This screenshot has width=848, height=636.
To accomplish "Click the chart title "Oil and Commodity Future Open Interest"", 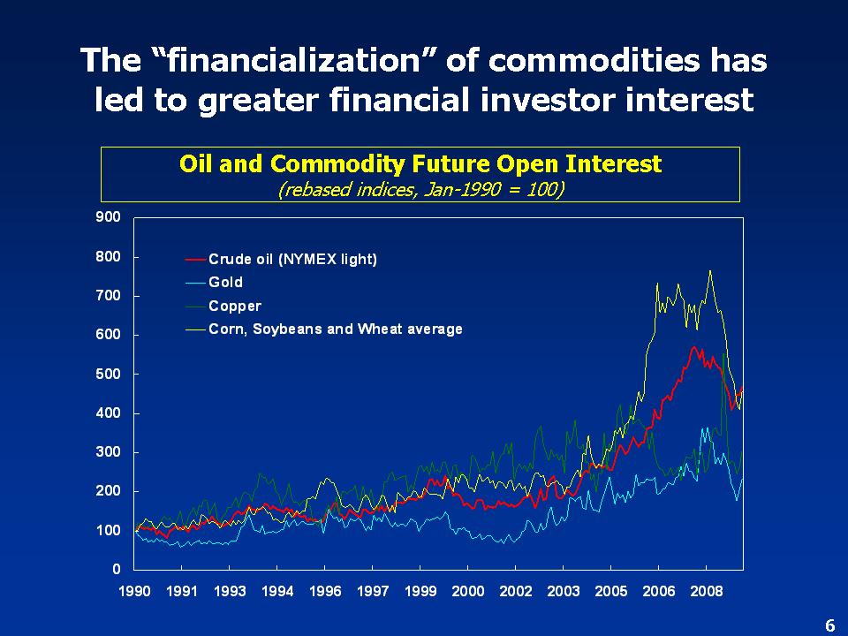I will (x=420, y=164).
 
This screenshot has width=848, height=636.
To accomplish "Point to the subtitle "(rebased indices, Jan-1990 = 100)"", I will (x=420, y=189).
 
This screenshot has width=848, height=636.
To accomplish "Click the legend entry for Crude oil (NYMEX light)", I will (x=292, y=259).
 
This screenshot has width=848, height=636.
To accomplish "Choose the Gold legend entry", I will (x=225, y=283).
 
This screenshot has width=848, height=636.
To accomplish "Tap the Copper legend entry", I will (x=235, y=306).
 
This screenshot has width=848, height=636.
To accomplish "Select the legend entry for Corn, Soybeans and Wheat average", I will (x=335, y=329).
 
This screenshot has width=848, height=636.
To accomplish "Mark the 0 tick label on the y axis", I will (x=116, y=568).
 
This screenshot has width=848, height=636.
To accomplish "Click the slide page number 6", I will (x=829, y=625).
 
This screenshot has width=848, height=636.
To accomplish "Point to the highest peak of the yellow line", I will (x=710, y=271).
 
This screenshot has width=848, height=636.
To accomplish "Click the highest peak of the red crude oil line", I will (x=694, y=347).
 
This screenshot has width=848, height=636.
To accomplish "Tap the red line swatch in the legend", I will (x=195, y=260).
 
